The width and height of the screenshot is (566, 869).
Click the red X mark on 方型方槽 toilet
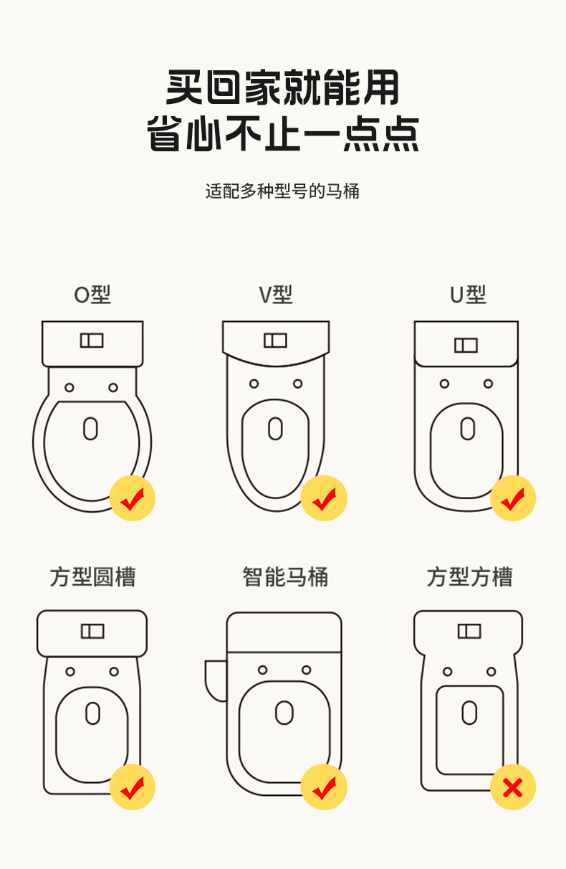click(x=513, y=787)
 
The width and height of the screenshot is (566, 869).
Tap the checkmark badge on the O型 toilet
click(x=133, y=498)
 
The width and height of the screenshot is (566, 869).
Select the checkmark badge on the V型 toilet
click(x=324, y=498)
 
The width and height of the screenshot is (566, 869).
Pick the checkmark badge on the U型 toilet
click(x=513, y=498)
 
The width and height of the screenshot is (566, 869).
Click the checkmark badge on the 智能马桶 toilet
click(x=324, y=787)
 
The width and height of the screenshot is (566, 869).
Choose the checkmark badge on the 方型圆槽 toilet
click(x=133, y=787)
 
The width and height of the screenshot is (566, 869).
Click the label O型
click(x=92, y=295)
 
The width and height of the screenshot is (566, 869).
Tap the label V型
click(x=276, y=295)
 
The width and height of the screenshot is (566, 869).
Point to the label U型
click(x=468, y=295)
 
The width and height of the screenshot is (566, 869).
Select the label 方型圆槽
click(x=92, y=577)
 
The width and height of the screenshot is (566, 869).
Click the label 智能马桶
click(x=285, y=577)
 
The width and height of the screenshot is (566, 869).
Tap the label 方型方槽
click(x=470, y=577)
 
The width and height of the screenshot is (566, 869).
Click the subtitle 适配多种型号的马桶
click(x=282, y=191)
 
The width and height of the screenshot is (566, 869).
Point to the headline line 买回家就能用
click(x=282, y=87)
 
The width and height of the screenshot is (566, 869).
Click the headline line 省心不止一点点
click(x=282, y=135)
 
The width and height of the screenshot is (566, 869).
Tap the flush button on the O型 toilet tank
click(x=92, y=341)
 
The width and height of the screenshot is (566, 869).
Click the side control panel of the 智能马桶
click(x=215, y=678)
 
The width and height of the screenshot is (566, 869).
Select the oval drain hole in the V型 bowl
click(x=275, y=428)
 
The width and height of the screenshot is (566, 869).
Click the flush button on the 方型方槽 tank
click(x=469, y=631)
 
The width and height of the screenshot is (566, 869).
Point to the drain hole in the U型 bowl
click(x=468, y=429)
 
